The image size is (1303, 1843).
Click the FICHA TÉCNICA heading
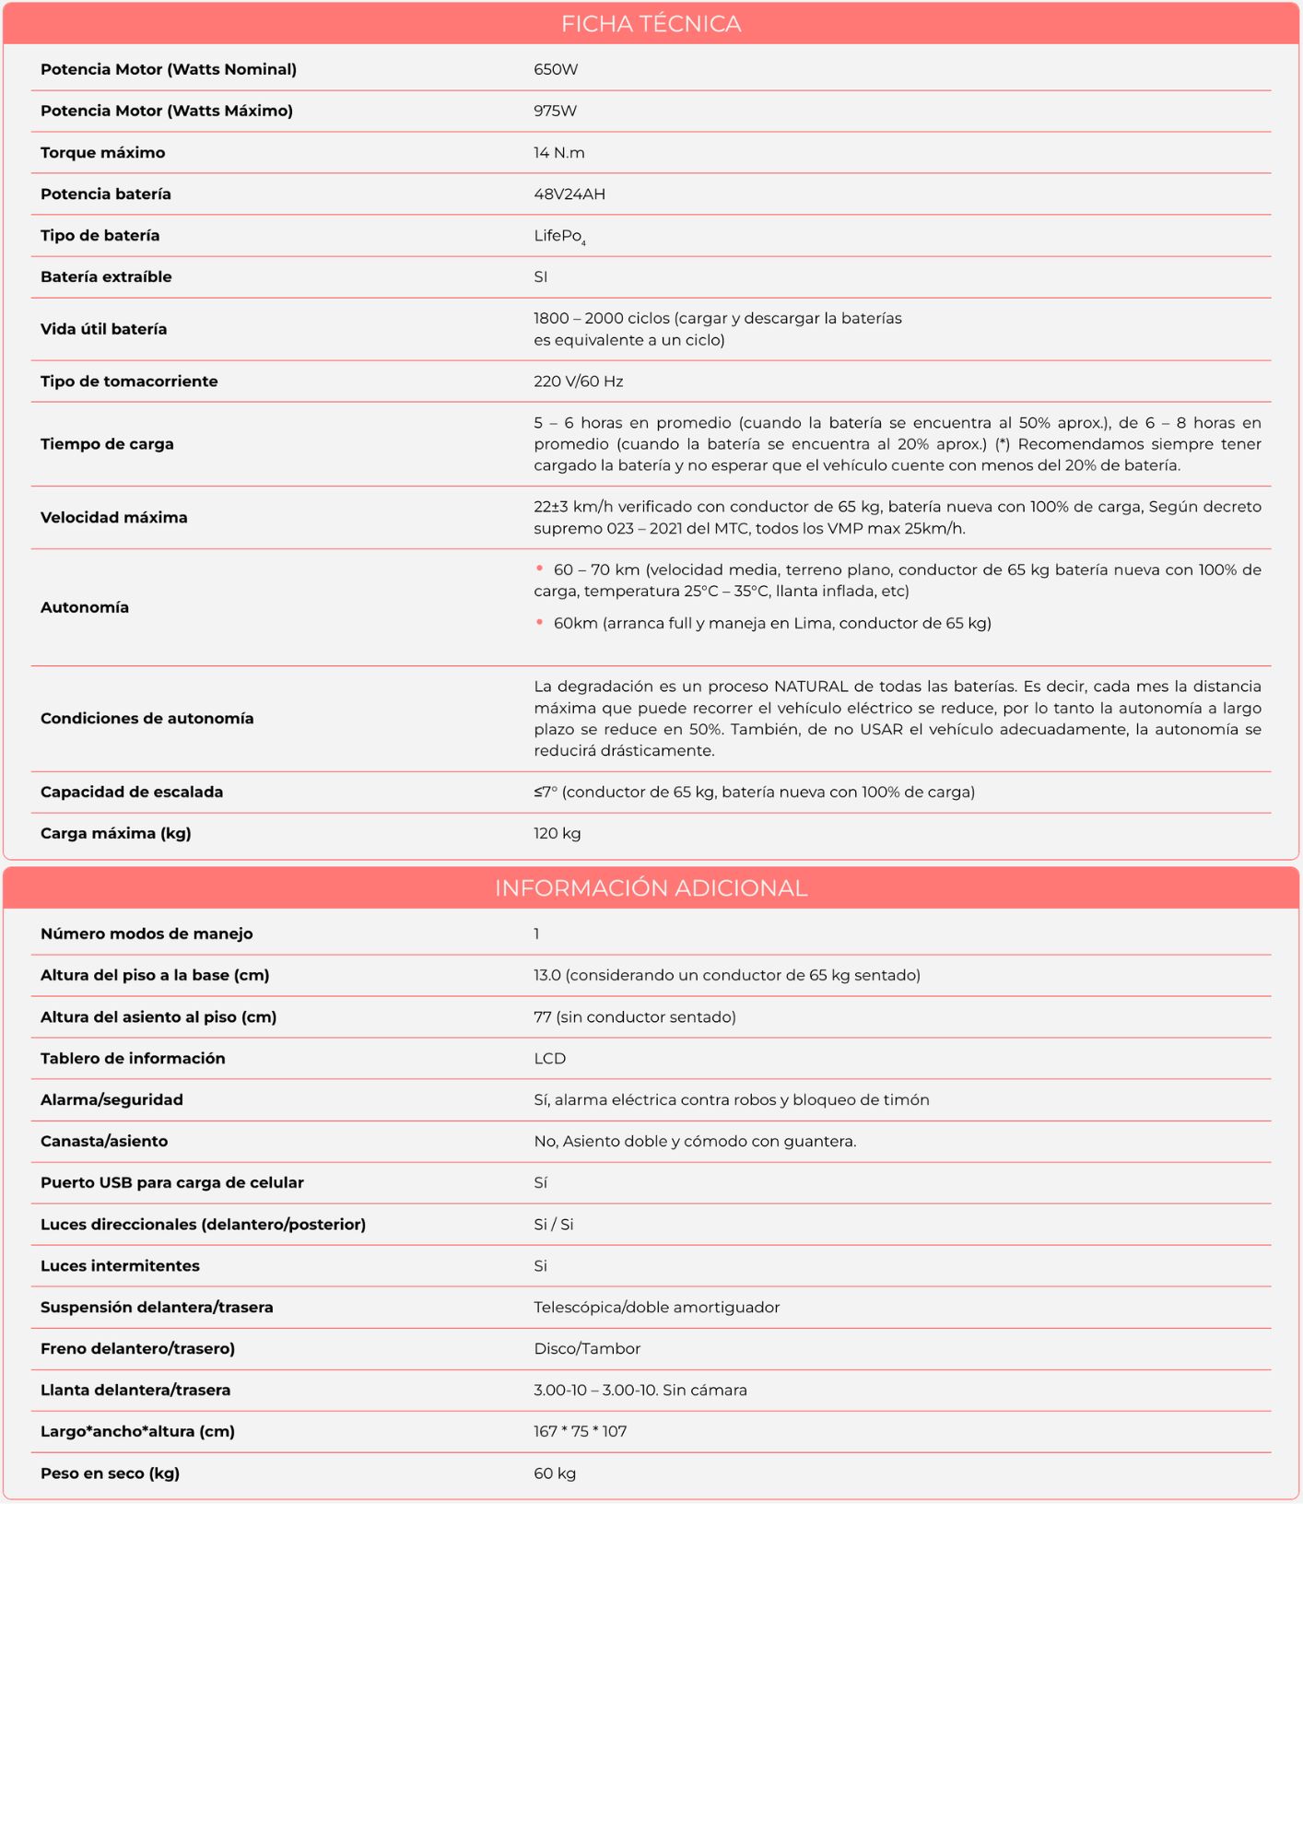(x=651, y=24)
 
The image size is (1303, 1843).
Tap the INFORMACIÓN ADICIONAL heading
(x=651, y=888)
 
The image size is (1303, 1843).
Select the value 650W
(x=556, y=70)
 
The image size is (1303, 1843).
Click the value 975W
(x=555, y=112)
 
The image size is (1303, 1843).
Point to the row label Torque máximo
(x=103, y=153)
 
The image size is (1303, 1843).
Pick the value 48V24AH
(x=569, y=194)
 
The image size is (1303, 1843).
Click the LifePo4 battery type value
(x=558, y=237)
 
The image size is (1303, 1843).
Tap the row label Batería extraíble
(x=106, y=277)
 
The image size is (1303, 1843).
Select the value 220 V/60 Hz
(x=579, y=382)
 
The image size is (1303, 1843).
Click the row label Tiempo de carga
(x=107, y=444)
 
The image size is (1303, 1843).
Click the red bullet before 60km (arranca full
(x=539, y=623)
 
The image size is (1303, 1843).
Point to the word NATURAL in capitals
(x=810, y=687)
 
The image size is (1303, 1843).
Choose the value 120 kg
(x=558, y=834)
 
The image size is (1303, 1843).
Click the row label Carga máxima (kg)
(x=116, y=834)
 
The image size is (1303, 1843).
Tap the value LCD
(x=550, y=1059)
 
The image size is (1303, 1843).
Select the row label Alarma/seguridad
(x=112, y=1100)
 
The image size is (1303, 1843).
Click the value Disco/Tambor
(x=587, y=1349)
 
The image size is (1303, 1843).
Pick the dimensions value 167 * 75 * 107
(x=580, y=1432)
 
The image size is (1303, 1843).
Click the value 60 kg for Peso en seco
(x=555, y=1473)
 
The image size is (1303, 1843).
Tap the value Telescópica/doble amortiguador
(x=656, y=1308)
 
